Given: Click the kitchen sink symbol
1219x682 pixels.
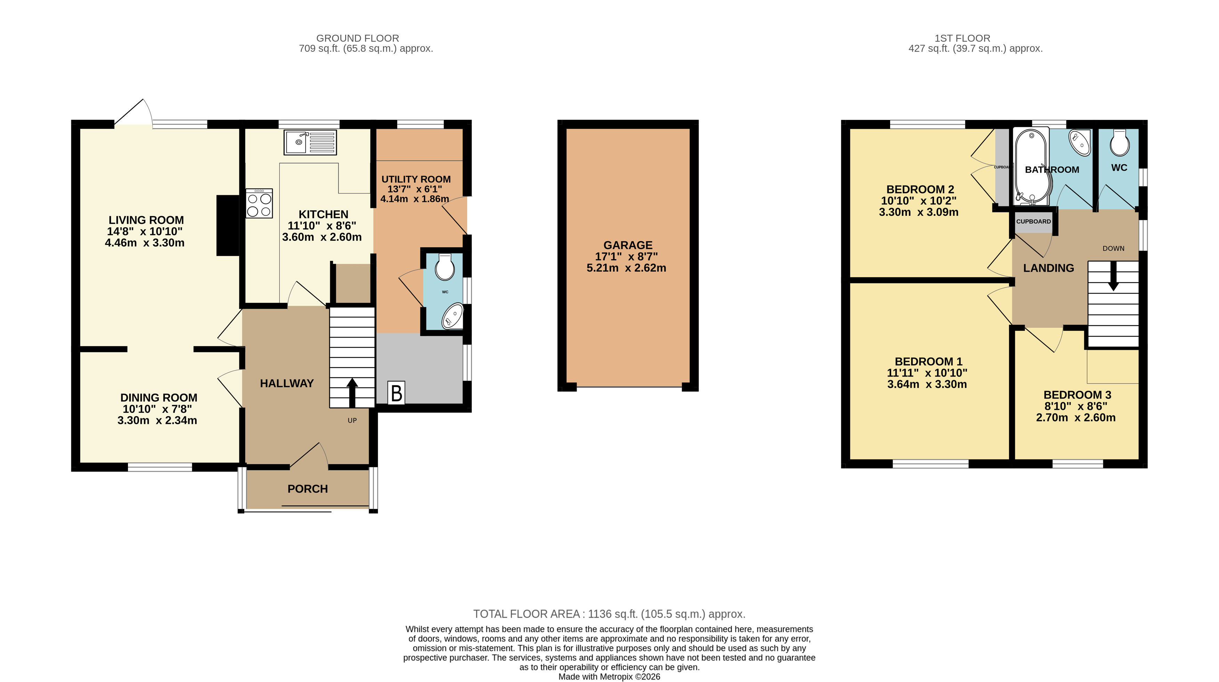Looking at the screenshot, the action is [x=310, y=142].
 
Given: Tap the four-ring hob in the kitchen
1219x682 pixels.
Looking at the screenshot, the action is [x=259, y=203].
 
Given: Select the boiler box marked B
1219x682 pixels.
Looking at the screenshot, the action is [x=396, y=393].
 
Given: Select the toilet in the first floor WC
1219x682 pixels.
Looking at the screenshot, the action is [x=1119, y=143].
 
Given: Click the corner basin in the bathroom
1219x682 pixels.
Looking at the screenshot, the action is [x=1080, y=142].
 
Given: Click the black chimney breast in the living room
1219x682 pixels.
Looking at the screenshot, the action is [x=228, y=225].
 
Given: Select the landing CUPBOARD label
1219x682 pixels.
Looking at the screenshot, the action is [x=1033, y=221].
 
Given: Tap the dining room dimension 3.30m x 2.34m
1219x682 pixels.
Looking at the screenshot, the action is [x=157, y=420].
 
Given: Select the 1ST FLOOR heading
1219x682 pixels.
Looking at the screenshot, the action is [x=962, y=38].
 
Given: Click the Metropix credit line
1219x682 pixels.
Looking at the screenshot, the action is [x=610, y=677].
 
